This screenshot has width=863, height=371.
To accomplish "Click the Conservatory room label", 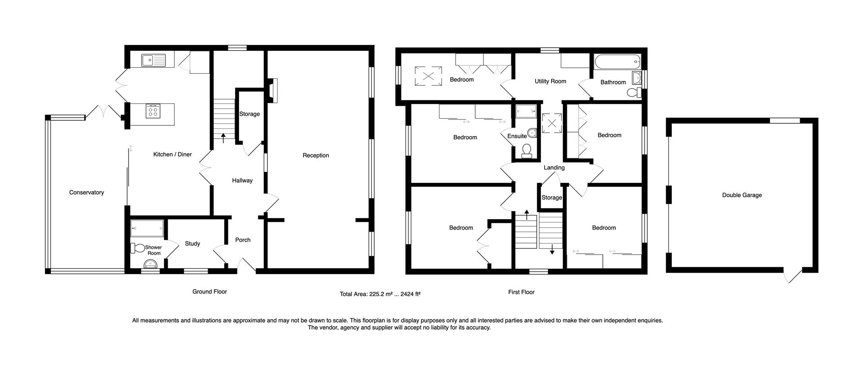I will (x=86, y=192).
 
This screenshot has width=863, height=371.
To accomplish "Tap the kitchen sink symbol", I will (x=153, y=60).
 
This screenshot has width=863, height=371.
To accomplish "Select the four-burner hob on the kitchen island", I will (x=153, y=110).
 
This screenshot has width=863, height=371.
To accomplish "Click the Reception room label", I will (x=316, y=155).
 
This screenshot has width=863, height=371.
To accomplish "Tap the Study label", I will (x=192, y=243).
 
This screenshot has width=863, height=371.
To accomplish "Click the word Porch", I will (x=243, y=240).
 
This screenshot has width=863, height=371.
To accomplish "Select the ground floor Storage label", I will (x=249, y=114).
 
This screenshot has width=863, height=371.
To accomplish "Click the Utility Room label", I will (x=550, y=81).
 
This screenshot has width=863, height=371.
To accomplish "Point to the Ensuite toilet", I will (x=527, y=151).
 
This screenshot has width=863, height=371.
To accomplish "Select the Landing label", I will (x=554, y=168).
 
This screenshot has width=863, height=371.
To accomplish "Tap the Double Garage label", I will (x=742, y=195).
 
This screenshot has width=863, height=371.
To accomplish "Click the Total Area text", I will (x=380, y=294).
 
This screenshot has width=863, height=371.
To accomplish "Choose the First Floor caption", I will (x=521, y=292).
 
